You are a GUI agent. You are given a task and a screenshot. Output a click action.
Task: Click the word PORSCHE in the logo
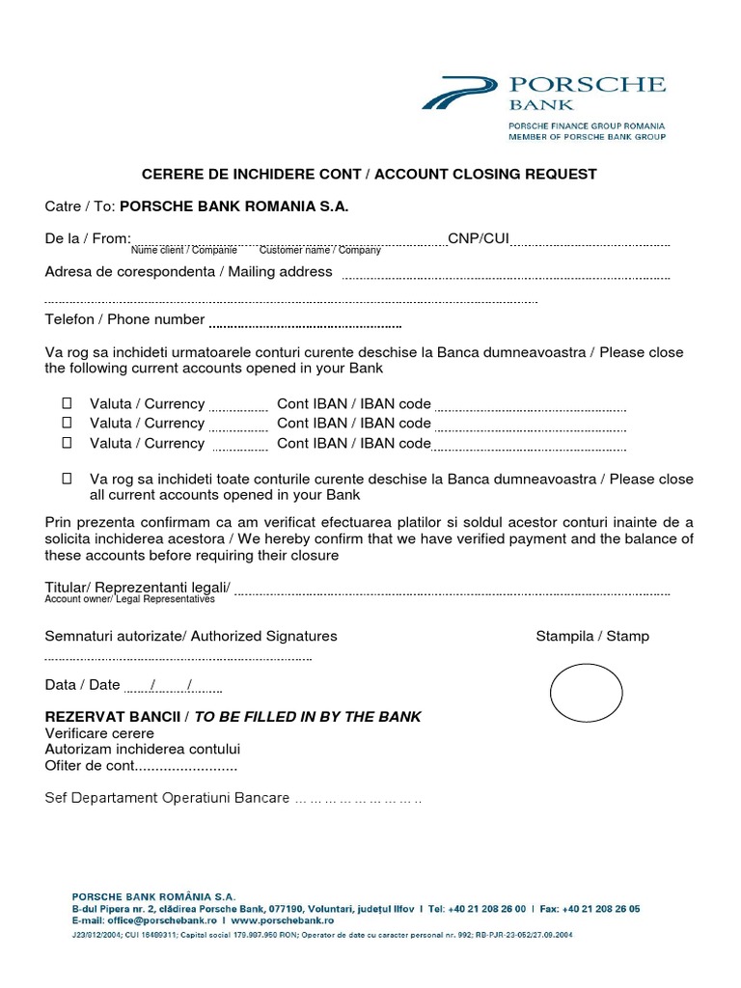[588, 85]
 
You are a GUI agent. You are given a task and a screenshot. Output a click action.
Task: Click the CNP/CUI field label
[478, 238]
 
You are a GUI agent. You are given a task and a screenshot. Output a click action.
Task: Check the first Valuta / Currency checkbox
[67, 403]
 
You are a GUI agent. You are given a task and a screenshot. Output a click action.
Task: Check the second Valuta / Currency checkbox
[67, 423]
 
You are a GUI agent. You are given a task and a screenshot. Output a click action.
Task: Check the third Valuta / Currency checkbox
[67, 443]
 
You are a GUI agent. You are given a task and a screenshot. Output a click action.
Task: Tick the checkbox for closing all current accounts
[67, 479]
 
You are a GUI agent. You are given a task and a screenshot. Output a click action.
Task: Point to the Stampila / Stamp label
[592, 637]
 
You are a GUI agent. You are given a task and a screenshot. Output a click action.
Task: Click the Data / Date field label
[83, 685]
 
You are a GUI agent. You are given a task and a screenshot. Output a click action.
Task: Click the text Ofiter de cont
[90, 766]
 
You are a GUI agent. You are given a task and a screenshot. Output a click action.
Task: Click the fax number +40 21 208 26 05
[590, 909]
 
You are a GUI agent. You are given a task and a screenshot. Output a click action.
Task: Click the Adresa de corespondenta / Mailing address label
[188, 272]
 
